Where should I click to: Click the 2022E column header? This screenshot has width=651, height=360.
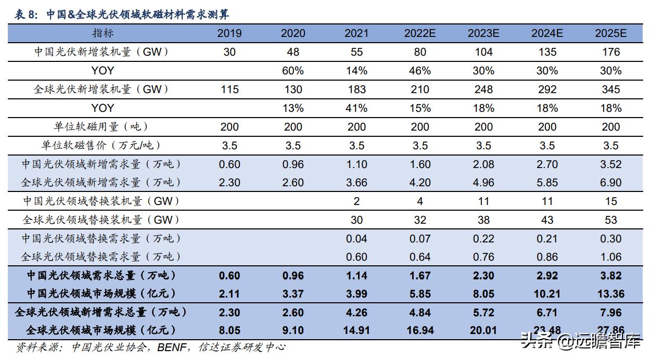pyautogui.click(x=420, y=34)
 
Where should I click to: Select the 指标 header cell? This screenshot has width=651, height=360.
pyautogui.click(x=103, y=33)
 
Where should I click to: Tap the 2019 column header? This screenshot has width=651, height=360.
pyautogui.click(x=229, y=34)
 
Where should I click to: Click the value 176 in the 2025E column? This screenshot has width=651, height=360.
pyautogui.click(x=611, y=52)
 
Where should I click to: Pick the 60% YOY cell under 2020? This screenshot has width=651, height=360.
pyautogui.click(x=293, y=71)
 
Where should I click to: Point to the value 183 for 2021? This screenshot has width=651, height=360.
pyautogui.click(x=356, y=89)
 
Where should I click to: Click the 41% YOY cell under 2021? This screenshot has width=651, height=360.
pyautogui.click(x=356, y=108)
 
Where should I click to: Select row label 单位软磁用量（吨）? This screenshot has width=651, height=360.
pyautogui.click(x=101, y=126)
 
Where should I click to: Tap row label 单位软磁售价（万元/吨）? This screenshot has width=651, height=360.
pyautogui.click(x=101, y=145)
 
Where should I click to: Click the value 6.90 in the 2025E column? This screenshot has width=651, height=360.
pyautogui.click(x=611, y=183)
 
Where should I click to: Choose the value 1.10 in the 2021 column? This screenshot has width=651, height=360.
pyautogui.click(x=356, y=164)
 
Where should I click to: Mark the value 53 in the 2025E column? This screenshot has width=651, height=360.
pyautogui.click(x=611, y=220)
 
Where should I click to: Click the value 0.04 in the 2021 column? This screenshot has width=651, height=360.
pyautogui.click(x=356, y=239)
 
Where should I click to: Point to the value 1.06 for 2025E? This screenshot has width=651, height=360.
pyautogui.click(x=611, y=257)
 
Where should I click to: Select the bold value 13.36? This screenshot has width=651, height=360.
pyautogui.click(x=611, y=294)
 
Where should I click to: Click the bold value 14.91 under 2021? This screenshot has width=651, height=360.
pyautogui.click(x=356, y=330)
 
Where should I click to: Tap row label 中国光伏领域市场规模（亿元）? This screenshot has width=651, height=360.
pyautogui.click(x=101, y=293)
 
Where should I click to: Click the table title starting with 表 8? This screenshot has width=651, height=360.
pyautogui.click(x=122, y=14)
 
